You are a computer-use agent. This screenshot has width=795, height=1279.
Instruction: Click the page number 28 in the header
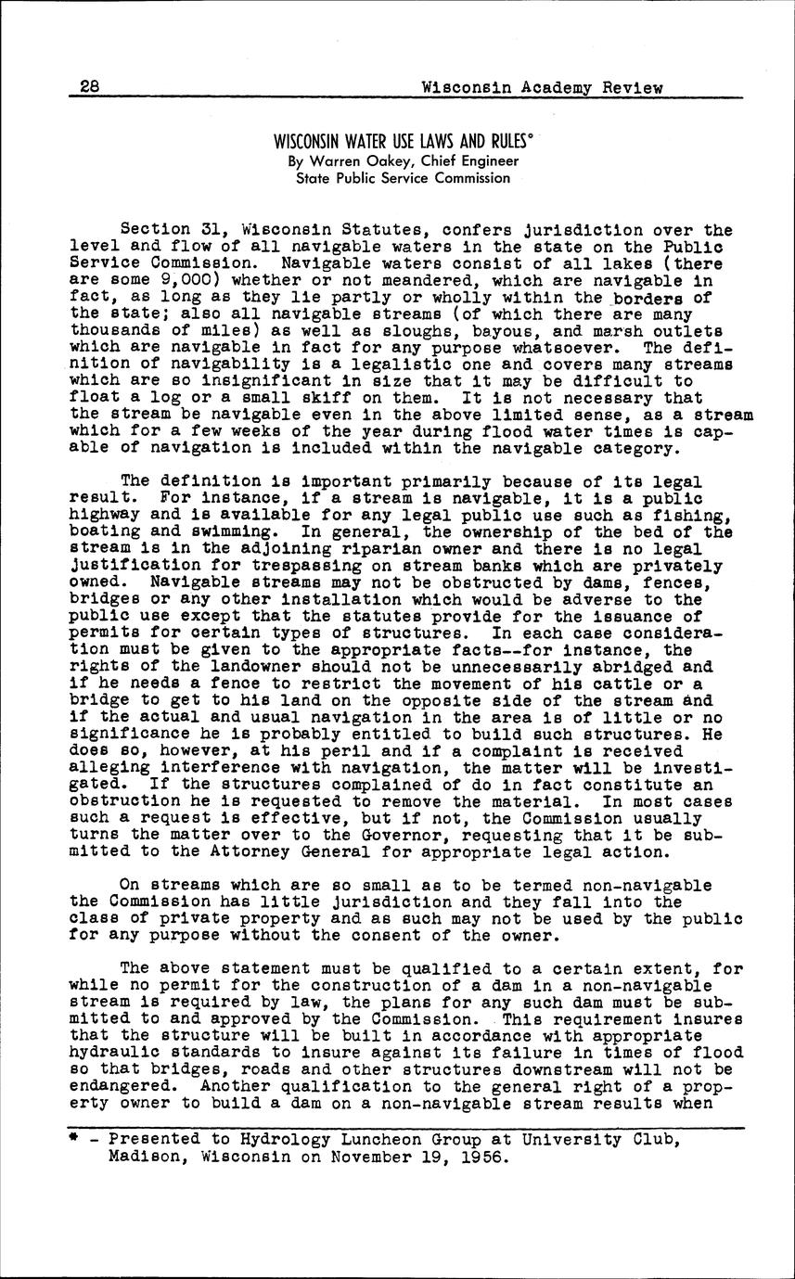(x=90, y=88)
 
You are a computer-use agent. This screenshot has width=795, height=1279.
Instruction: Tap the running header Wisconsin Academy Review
(x=542, y=88)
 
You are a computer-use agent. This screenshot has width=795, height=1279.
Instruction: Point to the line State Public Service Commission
(x=403, y=178)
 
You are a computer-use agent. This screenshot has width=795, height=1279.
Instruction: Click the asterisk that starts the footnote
(x=73, y=1139)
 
